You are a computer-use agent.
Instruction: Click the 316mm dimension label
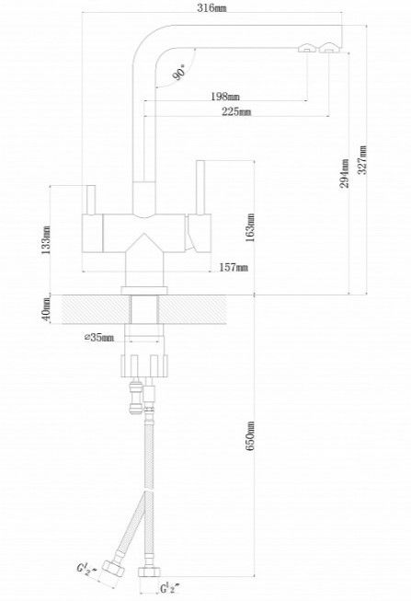[x=211, y=7]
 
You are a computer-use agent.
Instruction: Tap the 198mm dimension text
[x=225, y=97]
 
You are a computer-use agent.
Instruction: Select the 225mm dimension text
[x=236, y=111]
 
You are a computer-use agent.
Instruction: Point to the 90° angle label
[x=178, y=72]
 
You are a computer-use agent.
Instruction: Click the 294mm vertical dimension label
[x=345, y=173]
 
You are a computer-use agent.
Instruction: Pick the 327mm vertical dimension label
[x=362, y=159]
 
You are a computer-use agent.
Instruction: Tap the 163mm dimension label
[x=250, y=227]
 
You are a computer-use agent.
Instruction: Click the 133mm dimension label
[x=46, y=240]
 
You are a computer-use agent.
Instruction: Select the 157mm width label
[x=234, y=267]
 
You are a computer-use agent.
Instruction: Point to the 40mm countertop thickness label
[x=46, y=309]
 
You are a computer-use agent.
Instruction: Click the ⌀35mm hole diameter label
[x=98, y=338]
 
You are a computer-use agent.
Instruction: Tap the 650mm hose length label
[x=250, y=436]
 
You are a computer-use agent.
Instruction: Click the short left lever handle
[x=91, y=200]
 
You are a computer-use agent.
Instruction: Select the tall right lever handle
[x=200, y=188]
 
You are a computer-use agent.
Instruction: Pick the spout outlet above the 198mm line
[x=307, y=48]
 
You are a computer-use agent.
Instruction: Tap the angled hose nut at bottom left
[x=113, y=569]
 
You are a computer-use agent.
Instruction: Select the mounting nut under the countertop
[x=144, y=366]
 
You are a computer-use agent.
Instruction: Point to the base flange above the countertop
[x=144, y=291]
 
